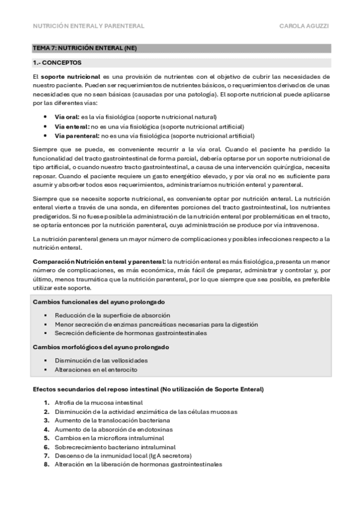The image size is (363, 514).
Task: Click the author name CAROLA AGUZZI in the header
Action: click(x=305, y=26)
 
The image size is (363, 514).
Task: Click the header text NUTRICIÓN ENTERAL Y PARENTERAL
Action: click(x=88, y=26)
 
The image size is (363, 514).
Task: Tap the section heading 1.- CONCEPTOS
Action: click(x=58, y=62)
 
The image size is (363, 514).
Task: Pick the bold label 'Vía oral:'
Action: click(x=67, y=116)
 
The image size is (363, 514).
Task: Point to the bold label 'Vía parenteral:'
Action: click(x=76, y=136)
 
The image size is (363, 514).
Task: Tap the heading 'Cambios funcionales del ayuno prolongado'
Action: click(x=99, y=302)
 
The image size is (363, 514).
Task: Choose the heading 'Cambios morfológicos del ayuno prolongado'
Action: click(x=101, y=347)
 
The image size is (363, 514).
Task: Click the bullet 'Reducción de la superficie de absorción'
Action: click(x=112, y=315)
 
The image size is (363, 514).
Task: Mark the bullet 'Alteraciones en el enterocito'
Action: click(x=96, y=369)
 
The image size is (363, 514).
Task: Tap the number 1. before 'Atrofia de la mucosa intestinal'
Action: click(x=47, y=402)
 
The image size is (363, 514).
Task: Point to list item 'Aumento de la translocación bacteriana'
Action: click(x=112, y=420)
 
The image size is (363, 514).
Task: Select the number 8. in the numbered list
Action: click(x=47, y=464)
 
